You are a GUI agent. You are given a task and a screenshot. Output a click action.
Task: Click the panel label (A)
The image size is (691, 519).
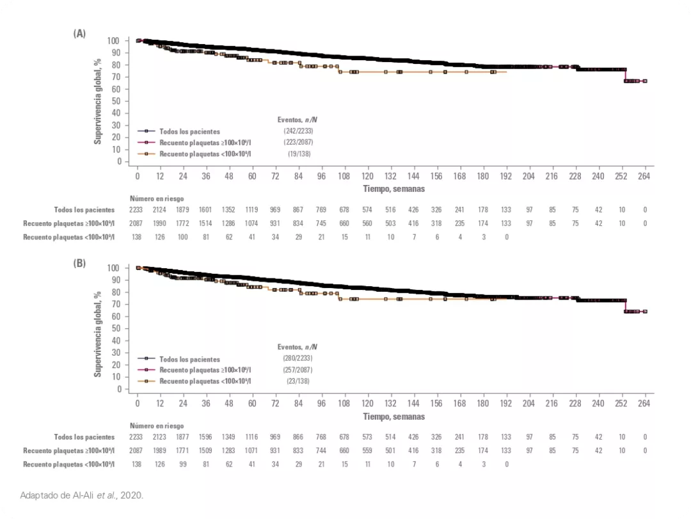coord(80,34)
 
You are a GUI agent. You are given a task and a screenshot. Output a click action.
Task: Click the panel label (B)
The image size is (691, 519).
coord(80,262)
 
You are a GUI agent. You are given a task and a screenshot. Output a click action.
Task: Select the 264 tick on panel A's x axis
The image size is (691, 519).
coord(645,177)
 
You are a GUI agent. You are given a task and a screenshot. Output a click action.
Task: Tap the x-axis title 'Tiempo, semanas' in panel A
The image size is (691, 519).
coord(393,189)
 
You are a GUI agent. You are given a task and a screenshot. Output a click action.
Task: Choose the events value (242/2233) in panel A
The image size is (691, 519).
coord(298,131)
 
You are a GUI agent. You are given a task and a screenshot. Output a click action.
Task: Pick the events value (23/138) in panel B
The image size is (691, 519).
coord(296,380)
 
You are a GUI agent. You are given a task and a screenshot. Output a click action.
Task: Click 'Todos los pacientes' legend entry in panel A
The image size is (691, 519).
coord(189,131)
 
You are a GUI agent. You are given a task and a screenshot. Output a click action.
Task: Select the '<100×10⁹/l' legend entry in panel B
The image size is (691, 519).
coord(205,381)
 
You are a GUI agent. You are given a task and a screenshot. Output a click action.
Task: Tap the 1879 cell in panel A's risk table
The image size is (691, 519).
coord(183,209)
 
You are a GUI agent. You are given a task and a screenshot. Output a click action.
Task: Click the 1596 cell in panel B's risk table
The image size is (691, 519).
coord(206,436)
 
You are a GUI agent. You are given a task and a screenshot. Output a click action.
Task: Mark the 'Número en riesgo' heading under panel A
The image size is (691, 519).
coord(157,198)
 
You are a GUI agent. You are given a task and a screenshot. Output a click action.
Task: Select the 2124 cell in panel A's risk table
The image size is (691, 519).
coord(160,209)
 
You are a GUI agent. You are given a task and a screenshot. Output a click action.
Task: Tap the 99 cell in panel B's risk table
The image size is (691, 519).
coord(183,463)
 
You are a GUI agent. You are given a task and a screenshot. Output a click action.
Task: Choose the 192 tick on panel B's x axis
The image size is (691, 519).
coord(507,404)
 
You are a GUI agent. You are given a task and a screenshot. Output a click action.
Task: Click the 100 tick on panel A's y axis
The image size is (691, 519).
coord(113,41)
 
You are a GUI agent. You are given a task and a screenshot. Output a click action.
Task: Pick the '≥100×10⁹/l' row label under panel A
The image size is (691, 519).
coord(69,223)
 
